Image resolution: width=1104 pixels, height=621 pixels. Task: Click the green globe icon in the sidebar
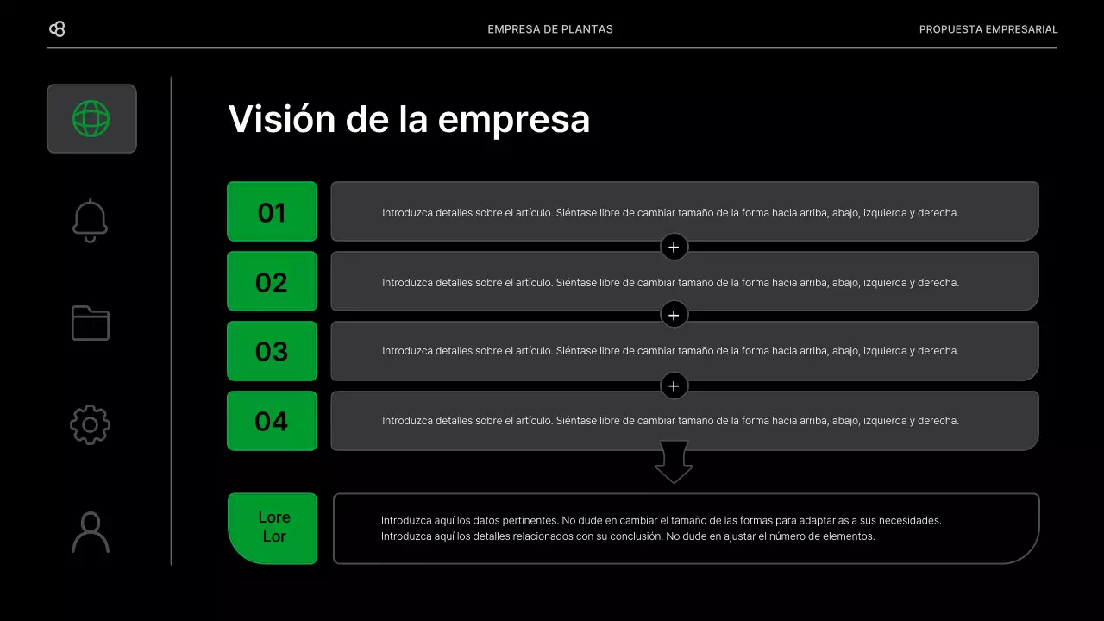pyautogui.click(x=91, y=118)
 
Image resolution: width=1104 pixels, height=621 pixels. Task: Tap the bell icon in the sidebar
pyautogui.click(x=91, y=221)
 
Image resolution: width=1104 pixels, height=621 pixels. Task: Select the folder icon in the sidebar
pyautogui.click(x=91, y=323)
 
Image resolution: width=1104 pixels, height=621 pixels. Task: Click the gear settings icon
pyautogui.click(x=91, y=424)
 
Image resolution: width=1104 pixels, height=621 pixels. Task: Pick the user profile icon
pyautogui.click(x=91, y=532)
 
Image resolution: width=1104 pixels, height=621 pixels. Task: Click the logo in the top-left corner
pyautogui.click(x=57, y=29)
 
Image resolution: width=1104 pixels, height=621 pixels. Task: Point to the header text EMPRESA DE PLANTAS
pyautogui.click(x=550, y=29)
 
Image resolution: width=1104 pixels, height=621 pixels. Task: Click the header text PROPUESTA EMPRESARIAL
pyautogui.click(x=988, y=29)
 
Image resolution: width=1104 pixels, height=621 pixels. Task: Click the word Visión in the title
pyautogui.click(x=281, y=119)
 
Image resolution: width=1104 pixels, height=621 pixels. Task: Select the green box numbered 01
pyautogui.click(x=272, y=211)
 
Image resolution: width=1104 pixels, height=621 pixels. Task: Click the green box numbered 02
pyautogui.click(x=272, y=281)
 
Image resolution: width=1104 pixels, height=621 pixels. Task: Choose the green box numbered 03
pyautogui.click(x=272, y=351)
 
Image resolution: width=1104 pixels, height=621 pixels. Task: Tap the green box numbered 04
pyautogui.click(x=272, y=421)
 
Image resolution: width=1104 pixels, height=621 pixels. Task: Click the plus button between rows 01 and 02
pyautogui.click(x=674, y=248)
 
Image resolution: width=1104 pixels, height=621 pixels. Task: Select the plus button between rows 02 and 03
pyautogui.click(x=674, y=315)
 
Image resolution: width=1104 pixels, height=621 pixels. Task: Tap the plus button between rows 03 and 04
pyautogui.click(x=674, y=386)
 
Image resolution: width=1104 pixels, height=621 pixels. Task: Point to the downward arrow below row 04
pyautogui.click(x=674, y=462)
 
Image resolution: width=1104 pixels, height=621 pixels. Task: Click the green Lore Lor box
pyautogui.click(x=273, y=528)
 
